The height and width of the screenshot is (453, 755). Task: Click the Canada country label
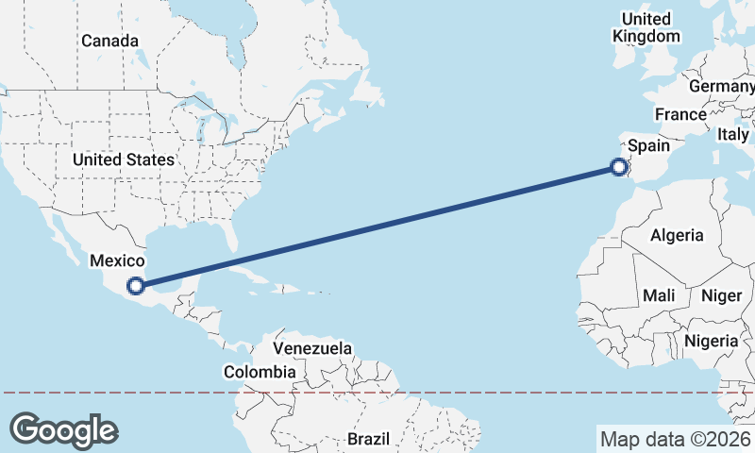109,41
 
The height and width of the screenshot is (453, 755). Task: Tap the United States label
124,159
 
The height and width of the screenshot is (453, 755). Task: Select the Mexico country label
116,260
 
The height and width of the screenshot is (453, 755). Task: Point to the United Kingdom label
646,27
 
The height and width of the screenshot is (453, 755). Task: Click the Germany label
721,86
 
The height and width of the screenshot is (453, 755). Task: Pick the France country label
680,114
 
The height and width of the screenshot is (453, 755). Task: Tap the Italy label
733,135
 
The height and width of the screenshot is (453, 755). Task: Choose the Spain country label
648,145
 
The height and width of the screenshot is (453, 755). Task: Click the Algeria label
677,235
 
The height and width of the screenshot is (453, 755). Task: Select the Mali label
658,295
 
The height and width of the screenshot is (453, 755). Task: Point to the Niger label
721,295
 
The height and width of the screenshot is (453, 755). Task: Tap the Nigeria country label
711,340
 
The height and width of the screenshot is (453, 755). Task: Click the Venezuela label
312,348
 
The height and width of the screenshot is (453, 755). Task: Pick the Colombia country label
260,372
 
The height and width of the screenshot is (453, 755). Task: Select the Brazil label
368,439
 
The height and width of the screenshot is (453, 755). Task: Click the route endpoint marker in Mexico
137,284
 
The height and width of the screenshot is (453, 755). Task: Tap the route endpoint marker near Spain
619,168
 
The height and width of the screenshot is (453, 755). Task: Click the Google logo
63,429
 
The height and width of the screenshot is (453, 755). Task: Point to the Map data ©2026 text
675,439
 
